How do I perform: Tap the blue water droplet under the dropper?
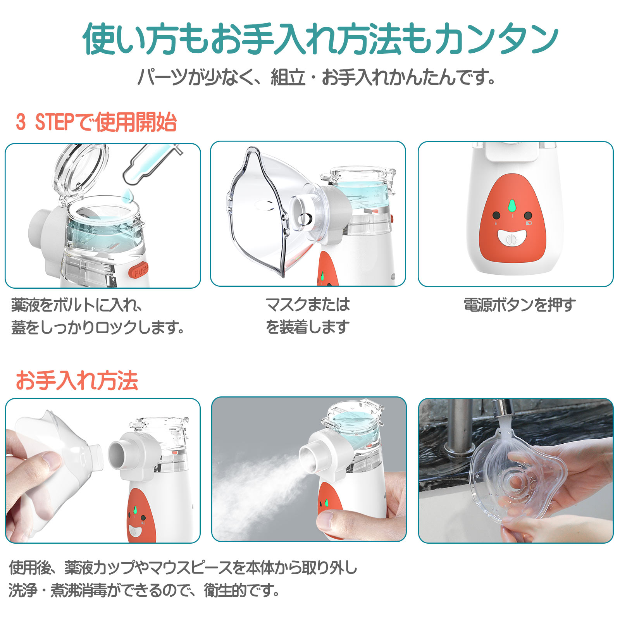click(127, 196)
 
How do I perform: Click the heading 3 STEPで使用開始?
click(96, 122)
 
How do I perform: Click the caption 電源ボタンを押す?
click(520, 305)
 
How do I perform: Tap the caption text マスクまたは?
click(308, 305)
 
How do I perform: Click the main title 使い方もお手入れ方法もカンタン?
click(320, 38)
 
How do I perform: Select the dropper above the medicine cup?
click(151, 163)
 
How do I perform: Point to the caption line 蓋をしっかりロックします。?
click(97, 328)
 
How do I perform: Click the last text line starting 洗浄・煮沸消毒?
click(144, 591)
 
